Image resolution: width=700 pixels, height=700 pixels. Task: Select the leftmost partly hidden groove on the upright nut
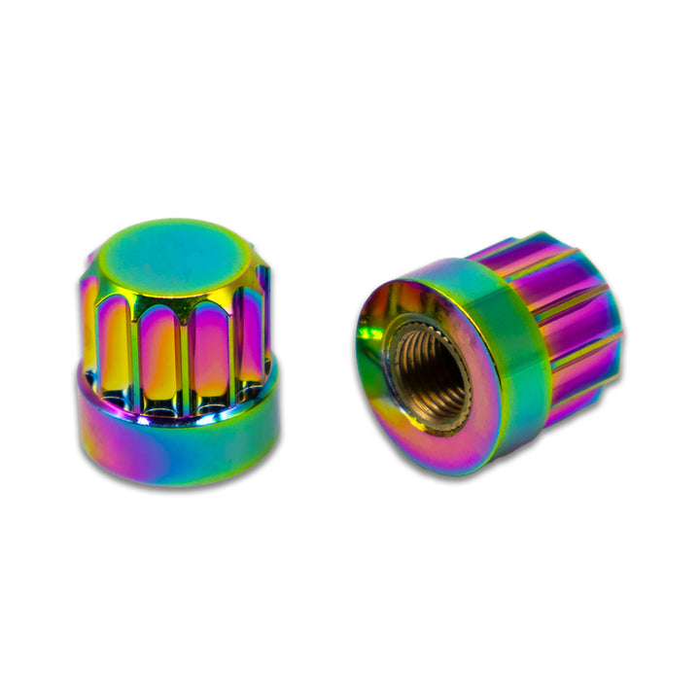88,326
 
